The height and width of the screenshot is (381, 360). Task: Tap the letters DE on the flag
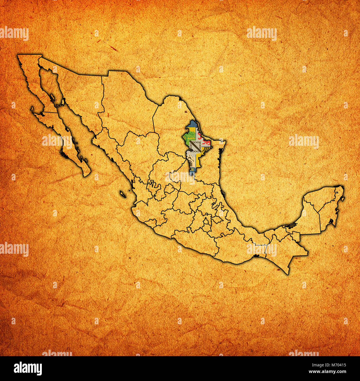192,167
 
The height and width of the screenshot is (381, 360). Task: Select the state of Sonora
80,94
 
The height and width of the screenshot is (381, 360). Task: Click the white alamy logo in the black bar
28,368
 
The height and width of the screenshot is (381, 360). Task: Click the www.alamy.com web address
331,372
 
